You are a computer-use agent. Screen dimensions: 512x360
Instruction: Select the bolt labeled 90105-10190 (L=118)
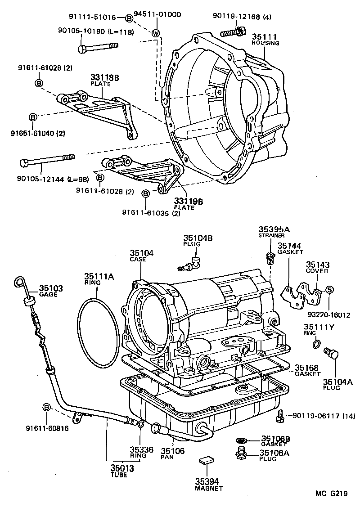coord(98,46)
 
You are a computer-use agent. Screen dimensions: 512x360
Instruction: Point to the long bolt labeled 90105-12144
coord(46,160)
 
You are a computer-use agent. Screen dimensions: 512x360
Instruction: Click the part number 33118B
coord(104,78)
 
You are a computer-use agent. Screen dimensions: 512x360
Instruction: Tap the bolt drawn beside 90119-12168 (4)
coord(232,32)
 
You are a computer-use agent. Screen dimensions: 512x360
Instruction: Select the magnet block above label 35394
coord(207,459)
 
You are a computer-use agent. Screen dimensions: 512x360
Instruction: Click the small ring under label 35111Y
coord(316,345)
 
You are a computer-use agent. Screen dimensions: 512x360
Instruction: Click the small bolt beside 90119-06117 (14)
coord(280,415)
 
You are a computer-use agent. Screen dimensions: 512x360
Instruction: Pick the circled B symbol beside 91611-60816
coord(46,407)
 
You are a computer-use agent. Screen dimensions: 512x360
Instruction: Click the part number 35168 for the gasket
coord(307,367)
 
